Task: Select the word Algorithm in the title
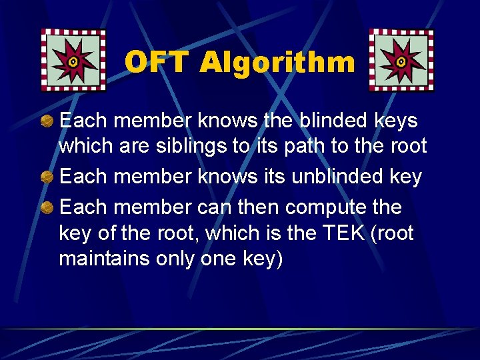click(277, 62)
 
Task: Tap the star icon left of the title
click(73, 60)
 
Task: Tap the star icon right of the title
click(401, 60)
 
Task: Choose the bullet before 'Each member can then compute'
click(47, 208)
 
